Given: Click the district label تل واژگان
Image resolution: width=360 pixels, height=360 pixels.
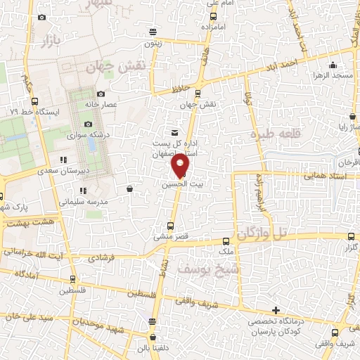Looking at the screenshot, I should click(x=264, y=233).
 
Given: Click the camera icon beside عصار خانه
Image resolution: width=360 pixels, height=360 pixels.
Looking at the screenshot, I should click(x=101, y=94).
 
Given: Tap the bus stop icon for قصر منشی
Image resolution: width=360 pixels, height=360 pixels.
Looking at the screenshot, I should click(x=169, y=226).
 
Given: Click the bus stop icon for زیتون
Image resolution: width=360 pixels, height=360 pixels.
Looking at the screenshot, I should click(x=153, y=32).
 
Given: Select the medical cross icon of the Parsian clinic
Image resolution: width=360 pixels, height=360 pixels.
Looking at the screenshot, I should click(x=276, y=310).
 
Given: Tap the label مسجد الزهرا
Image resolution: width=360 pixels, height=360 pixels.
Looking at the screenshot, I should click(x=333, y=75).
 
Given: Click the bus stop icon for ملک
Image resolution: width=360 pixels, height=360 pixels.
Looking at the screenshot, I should click(x=226, y=240).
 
